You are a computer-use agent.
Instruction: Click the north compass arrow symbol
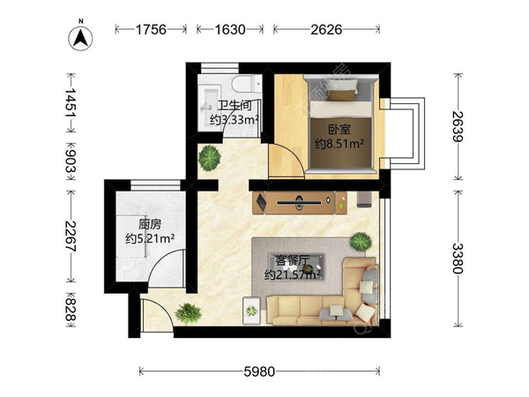[80, 37]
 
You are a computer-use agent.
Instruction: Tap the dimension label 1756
[151, 30]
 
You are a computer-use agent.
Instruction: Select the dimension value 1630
[230, 30]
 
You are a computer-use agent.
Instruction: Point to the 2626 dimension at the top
[326, 30]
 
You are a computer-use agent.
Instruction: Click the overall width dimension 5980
[259, 371]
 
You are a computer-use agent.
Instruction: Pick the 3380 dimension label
[458, 258]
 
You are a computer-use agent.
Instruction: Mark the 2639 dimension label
[458, 126]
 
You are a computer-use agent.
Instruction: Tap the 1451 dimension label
[71, 102]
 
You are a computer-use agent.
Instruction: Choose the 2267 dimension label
[71, 236]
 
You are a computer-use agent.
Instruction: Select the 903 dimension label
[71, 161]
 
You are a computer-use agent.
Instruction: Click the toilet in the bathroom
[247, 84]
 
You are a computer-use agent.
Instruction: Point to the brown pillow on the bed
[342, 95]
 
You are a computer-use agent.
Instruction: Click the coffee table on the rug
[296, 266]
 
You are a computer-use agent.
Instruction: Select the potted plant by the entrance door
[188, 313]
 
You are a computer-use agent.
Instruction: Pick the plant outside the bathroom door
[210, 158]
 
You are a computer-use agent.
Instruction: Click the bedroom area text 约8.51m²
[339, 144]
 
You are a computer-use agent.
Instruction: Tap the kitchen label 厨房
[150, 224]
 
